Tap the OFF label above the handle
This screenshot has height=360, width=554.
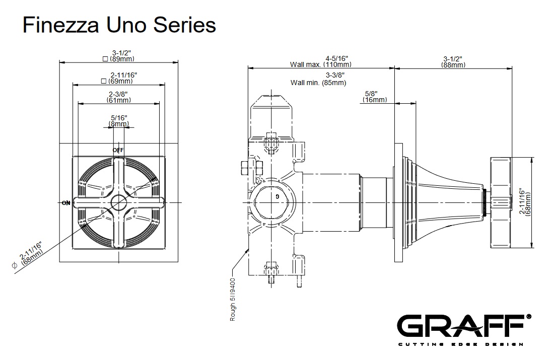click(118, 150)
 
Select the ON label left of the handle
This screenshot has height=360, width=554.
click(65, 203)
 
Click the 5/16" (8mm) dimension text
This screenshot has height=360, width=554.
click(119, 120)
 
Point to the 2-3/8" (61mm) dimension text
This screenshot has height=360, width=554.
click(119, 97)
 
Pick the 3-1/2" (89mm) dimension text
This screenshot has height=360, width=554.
click(118, 55)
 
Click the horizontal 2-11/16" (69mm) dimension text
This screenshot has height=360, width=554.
click(119, 78)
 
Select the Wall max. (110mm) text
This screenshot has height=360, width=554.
click(321, 61)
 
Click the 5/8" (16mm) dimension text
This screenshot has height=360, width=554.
click(374, 97)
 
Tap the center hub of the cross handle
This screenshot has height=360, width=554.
click(119, 203)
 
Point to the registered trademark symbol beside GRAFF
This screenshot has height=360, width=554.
click(528, 317)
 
